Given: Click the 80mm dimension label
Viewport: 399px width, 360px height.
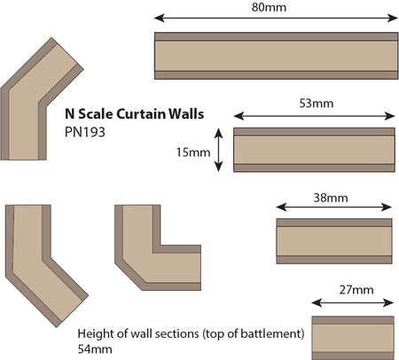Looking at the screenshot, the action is [x=269, y=7].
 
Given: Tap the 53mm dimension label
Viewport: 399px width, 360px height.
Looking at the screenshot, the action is [x=317, y=104].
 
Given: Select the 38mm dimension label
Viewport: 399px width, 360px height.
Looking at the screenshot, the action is [x=331, y=198].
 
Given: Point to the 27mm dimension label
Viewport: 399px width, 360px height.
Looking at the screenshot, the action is [x=356, y=290].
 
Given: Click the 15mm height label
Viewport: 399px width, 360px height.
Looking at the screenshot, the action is [x=193, y=153].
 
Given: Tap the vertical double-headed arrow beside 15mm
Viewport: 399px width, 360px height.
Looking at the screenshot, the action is [x=218, y=150].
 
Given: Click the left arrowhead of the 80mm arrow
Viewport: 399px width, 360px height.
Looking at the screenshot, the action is [x=159, y=18].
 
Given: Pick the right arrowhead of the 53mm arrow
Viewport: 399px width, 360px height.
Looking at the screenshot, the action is [x=390, y=116].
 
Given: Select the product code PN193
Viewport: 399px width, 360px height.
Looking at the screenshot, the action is [x=85, y=132].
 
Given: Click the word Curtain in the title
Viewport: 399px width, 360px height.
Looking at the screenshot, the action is [x=141, y=114].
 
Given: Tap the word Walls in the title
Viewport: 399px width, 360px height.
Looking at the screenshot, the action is [x=186, y=114].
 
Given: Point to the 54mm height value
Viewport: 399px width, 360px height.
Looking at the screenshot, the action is [x=95, y=349].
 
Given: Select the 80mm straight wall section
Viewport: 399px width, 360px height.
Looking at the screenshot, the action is [x=276, y=56].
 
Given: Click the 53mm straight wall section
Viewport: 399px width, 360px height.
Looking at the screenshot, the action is [x=314, y=150].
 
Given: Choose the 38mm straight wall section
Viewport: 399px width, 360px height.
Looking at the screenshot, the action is [x=334, y=241].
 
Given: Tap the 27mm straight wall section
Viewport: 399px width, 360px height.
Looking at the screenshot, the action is [x=353, y=338].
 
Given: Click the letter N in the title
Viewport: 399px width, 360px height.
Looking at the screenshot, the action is [x=70, y=114].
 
